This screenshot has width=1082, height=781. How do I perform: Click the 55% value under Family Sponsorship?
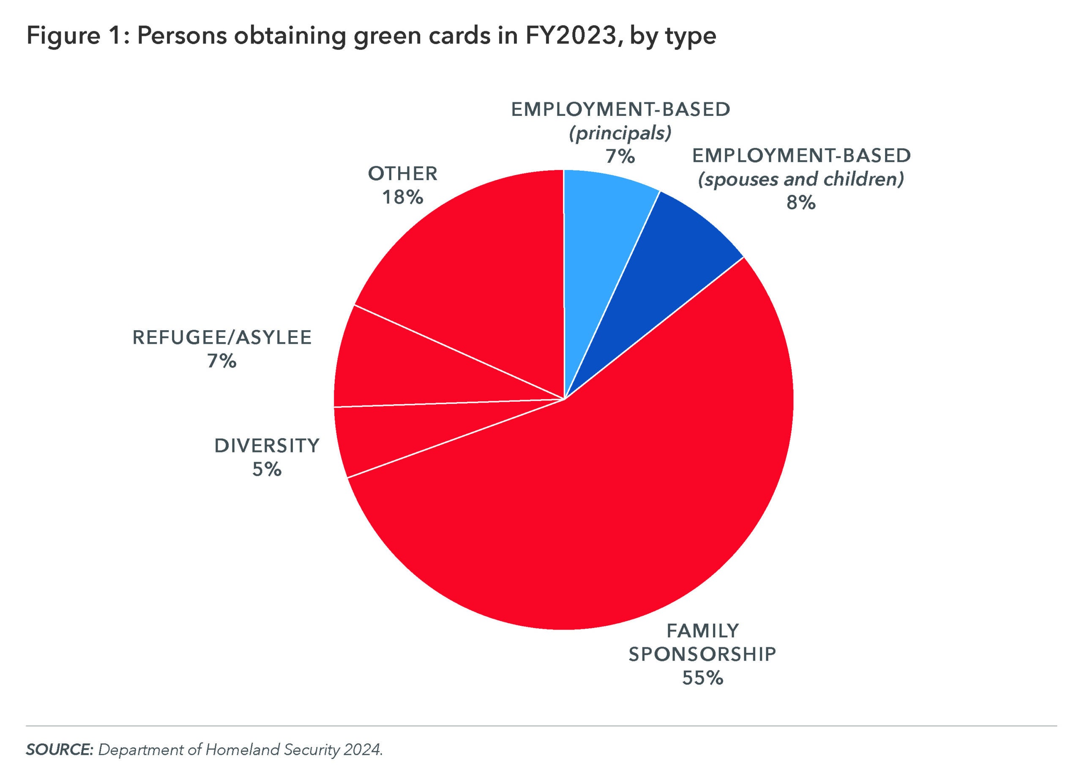click(702, 678)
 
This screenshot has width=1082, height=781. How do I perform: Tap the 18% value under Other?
click(403, 197)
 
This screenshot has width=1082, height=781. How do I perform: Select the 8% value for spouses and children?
click(801, 203)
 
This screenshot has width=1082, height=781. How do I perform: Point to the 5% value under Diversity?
click(267, 470)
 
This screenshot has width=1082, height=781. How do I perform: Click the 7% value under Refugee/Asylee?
click(222, 362)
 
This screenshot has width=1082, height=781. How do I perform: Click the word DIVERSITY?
click(267, 446)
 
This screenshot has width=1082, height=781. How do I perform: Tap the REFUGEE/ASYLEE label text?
click(222, 337)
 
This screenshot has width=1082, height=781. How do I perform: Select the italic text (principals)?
click(620, 133)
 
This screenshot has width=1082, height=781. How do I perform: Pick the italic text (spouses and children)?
click(801, 179)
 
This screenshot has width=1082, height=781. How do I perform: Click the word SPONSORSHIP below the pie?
click(702, 655)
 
